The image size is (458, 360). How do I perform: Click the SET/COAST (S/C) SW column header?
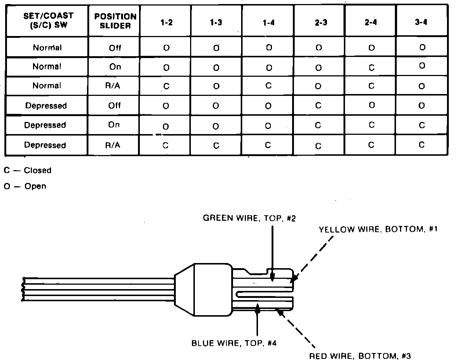[x=48, y=21]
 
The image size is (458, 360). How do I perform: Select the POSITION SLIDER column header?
[x=115, y=21]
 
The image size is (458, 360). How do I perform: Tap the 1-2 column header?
[x=166, y=22]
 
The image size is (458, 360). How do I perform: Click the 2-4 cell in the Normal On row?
[x=371, y=67]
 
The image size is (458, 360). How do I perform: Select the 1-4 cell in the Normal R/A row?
[x=268, y=86]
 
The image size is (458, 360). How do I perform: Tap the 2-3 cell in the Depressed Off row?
[x=318, y=105]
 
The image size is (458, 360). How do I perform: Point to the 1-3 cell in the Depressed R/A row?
[x=216, y=145]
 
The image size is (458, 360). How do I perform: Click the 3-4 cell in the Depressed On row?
[x=422, y=125]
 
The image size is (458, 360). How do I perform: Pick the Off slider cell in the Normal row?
[x=115, y=48]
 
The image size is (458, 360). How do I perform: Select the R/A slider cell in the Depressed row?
[x=113, y=145]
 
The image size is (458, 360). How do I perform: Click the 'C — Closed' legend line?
[x=28, y=170]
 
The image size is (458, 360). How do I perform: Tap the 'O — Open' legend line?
[x=25, y=186]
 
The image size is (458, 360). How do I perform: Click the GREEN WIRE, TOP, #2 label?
[x=250, y=218]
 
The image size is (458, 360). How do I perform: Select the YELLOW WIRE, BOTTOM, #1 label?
[x=378, y=230]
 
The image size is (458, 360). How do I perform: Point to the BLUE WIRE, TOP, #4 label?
[x=234, y=343]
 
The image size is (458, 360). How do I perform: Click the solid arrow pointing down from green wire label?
[x=272, y=253]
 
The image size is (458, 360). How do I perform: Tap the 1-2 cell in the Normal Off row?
[x=166, y=48]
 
